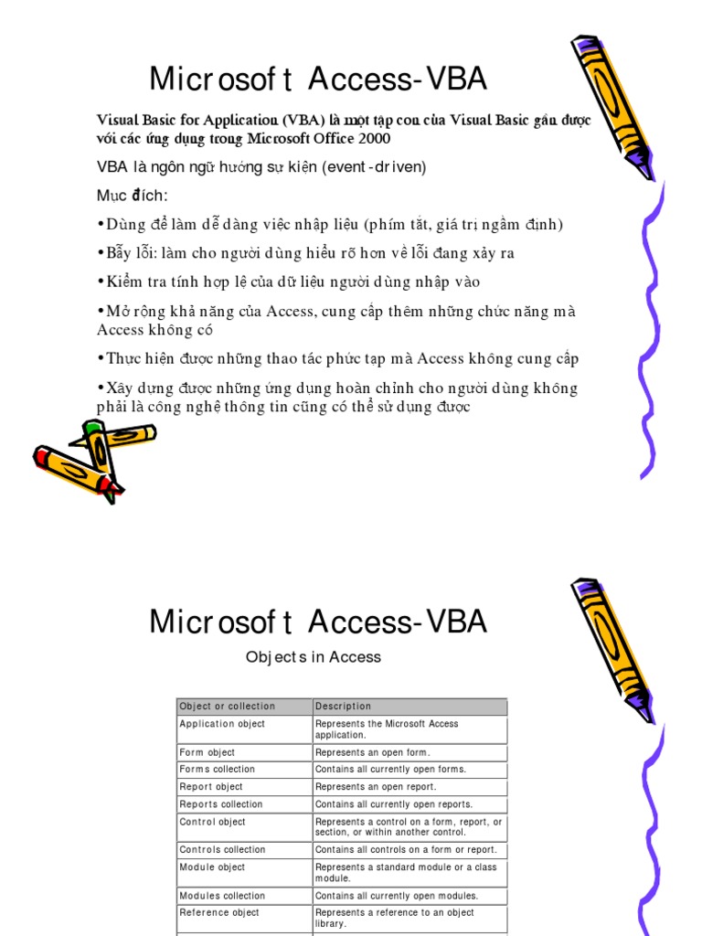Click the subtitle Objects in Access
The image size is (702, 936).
(314, 657)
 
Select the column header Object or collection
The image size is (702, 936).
(228, 707)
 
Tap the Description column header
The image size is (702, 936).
(344, 707)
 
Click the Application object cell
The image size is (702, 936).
(222, 724)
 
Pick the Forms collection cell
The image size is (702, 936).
(218, 770)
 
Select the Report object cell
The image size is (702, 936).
(211, 787)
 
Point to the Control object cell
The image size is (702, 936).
(213, 822)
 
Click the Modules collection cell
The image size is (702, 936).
(222, 896)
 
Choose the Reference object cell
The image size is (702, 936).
(219, 913)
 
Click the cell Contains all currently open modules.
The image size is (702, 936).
(397, 896)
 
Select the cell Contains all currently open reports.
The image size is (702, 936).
(394, 804)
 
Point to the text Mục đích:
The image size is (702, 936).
(133, 196)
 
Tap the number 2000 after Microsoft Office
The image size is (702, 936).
(375, 139)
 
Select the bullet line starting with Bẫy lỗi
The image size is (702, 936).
(311, 253)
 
